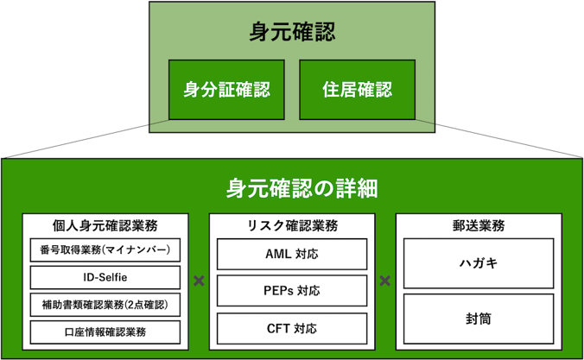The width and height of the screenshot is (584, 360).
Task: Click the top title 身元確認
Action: click(292, 32)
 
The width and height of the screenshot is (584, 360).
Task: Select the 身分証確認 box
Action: click(226, 90)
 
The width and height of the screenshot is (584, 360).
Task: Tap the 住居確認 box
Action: click(357, 90)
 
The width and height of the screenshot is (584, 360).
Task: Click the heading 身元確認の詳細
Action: click(302, 188)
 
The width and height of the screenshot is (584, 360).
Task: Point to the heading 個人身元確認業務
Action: click(105, 225)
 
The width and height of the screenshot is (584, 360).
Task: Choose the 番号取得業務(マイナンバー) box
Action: click(105, 249)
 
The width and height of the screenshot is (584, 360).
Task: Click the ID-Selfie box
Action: click(105, 277)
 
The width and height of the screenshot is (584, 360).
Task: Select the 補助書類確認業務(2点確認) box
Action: click(105, 305)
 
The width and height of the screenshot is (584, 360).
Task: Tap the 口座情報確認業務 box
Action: click(105, 332)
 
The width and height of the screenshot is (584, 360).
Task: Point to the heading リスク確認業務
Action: click(292, 225)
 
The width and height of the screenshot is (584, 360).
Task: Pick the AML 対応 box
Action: click(292, 254)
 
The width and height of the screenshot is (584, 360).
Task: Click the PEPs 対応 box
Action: click(292, 290)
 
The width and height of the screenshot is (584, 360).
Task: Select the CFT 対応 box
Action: click(292, 328)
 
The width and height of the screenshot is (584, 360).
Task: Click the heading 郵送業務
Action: click(479, 225)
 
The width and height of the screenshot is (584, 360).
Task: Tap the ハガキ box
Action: click(479, 263)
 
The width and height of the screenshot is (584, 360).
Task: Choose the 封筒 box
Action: click(479, 319)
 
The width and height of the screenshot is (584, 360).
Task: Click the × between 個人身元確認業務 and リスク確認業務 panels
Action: click(199, 281)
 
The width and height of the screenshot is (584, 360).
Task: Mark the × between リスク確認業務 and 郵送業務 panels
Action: click(384, 281)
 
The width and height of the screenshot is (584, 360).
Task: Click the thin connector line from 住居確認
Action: click(498, 138)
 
